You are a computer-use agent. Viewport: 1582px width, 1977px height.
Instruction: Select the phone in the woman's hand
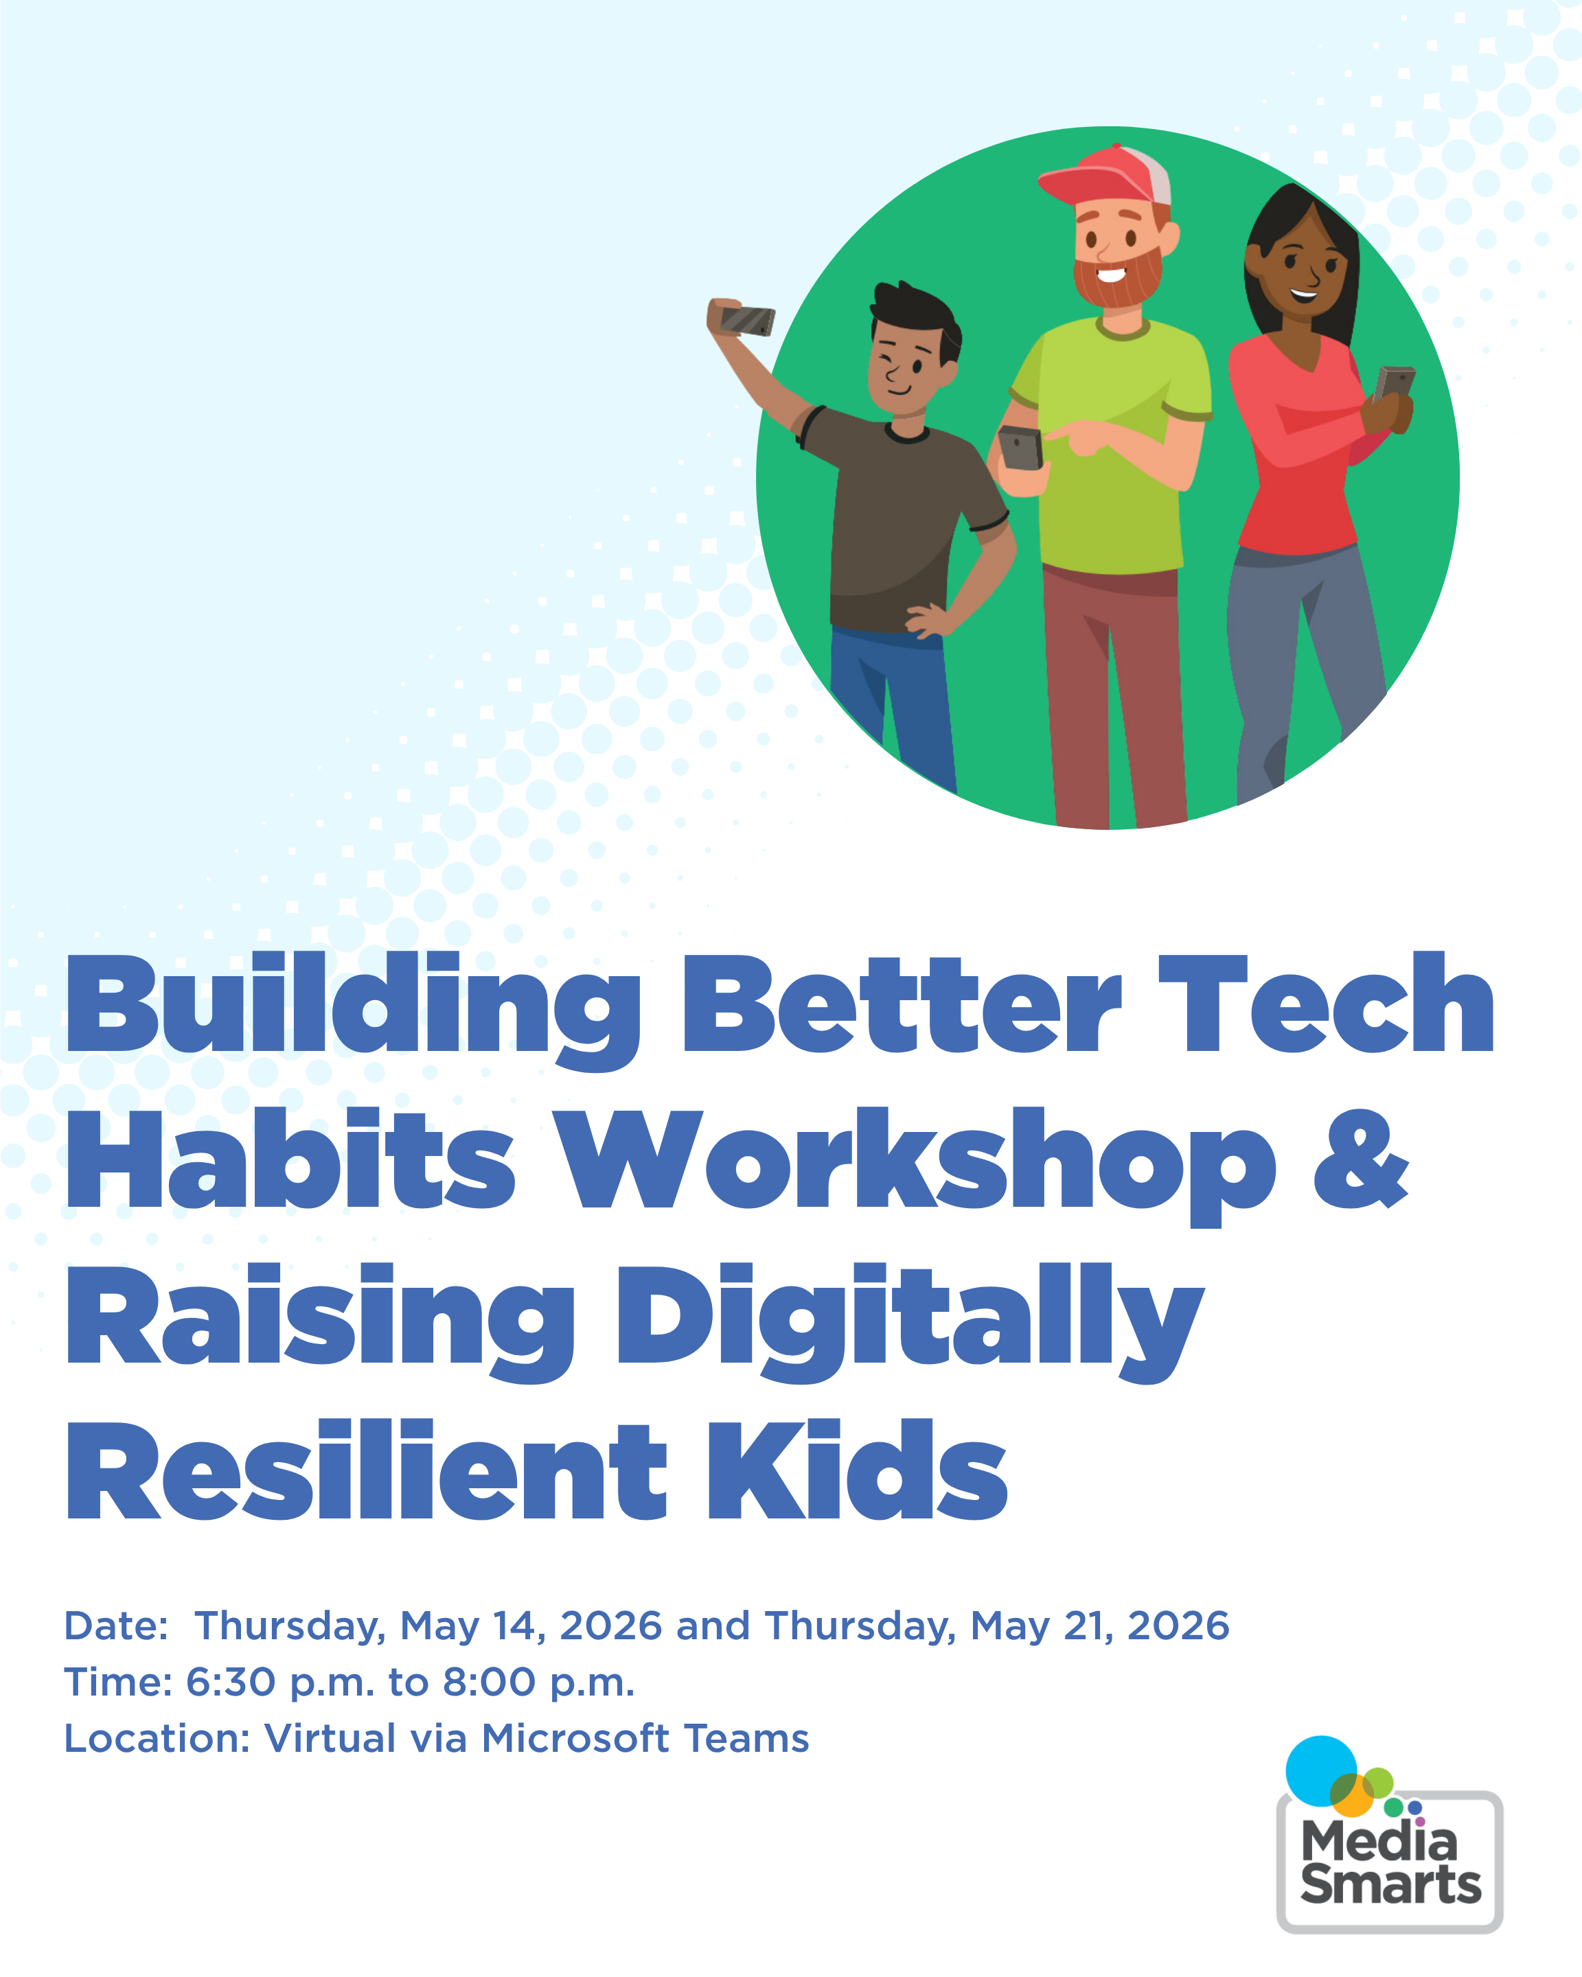click(1394, 383)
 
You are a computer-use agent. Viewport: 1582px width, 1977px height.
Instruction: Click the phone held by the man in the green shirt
click(1021, 448)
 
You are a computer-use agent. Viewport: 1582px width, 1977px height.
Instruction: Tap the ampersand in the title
click(1361, 1158)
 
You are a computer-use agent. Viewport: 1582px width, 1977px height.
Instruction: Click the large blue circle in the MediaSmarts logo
click(1320, 1770)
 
